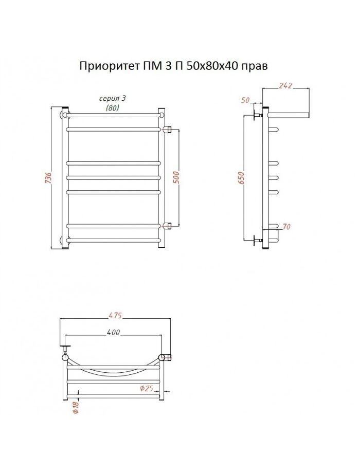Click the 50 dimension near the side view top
click(x=246, y=100)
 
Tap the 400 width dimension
click(x=113, y=332)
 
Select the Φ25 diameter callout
click(x=147, y=388)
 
